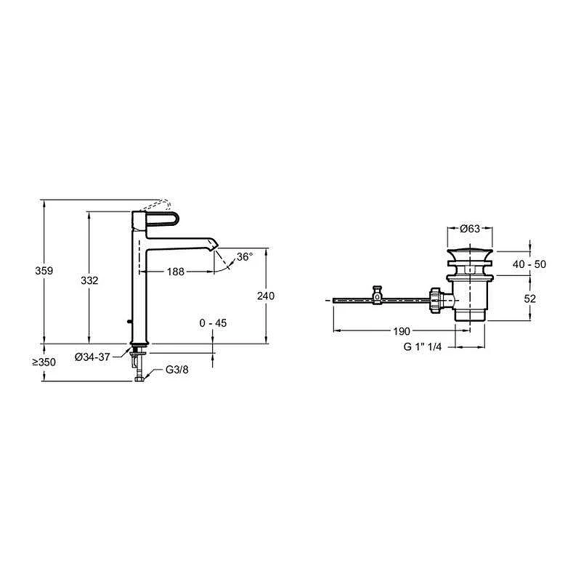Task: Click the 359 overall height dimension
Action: coord(44,271)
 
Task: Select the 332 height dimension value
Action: coord(89,280)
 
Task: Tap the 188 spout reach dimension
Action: coord(176,272)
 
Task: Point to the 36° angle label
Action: coord(245,256)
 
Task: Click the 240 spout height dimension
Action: coord(266,296)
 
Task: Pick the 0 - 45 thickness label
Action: coord(213,323)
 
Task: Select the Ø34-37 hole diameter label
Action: coord(92,357)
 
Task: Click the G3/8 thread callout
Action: coord(177,370)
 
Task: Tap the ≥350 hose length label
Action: coord(44,362)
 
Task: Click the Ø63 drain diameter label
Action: coord(470,229)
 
